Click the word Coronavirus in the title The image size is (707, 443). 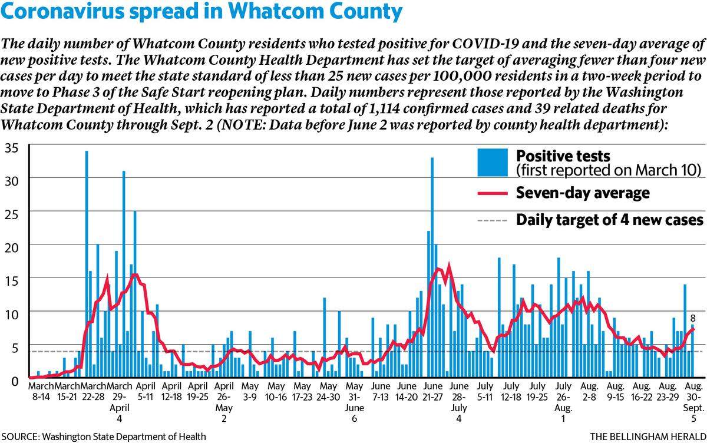pyautogui.click(x=63, y=11)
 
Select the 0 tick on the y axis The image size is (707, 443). pyautogui.click(x=15, y=381)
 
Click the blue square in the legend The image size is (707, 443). pyautogui.click(x=493, y=162)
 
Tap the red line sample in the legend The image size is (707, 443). pyautogui.click(x=493, y=193)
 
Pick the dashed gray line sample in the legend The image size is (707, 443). pyautogui.click(x=493, y=220)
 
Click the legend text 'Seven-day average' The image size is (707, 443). pyautogui.click(x=583, y=193)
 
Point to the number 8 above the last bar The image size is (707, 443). pyautogui.click(x=693, y=319)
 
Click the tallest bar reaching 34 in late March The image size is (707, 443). pyautogui.click(x=87, y=264)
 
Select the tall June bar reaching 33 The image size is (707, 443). pyautogui.click(x=432, y=267)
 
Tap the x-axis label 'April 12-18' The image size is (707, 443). pyautogui.click(x=171, y=391)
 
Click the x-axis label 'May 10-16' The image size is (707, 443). pyautogui.click(x=276, y=391)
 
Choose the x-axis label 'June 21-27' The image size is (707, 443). pyautogui.click(x=432, y=391)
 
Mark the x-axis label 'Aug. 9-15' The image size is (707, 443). pyautogui.click(x=616, y=391)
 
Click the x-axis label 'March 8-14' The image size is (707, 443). pyautogui.click(x=41, y=391)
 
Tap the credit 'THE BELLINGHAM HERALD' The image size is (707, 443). pyautogui.click(x=648, y=437)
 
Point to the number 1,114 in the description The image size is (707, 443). pyautogui.click(x=384, y=109)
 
